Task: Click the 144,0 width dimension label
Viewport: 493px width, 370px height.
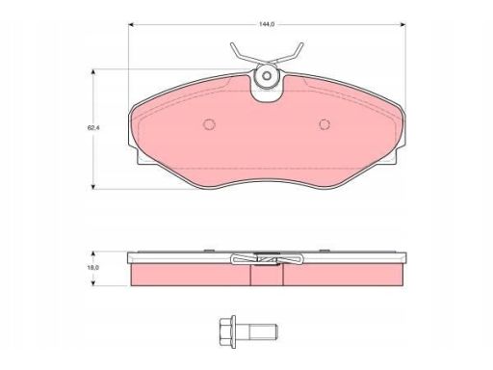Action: pos(267,24)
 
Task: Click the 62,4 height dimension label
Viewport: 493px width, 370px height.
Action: pos(93,127)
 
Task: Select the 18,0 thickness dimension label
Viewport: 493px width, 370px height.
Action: pos(93,268)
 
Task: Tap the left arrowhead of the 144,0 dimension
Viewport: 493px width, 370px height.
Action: pos(131,24)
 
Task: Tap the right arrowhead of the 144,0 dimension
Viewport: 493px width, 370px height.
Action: pos(402,24)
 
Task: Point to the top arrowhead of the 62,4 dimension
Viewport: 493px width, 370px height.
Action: pos(93,71)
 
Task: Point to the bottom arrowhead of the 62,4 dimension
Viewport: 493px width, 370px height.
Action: pos(93,186)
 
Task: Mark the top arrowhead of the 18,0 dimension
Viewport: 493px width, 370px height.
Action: pos(93,254)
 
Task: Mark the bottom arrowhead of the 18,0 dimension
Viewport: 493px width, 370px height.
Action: pos(93,282)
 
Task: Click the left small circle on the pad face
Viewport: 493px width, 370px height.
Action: pos(209,124)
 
